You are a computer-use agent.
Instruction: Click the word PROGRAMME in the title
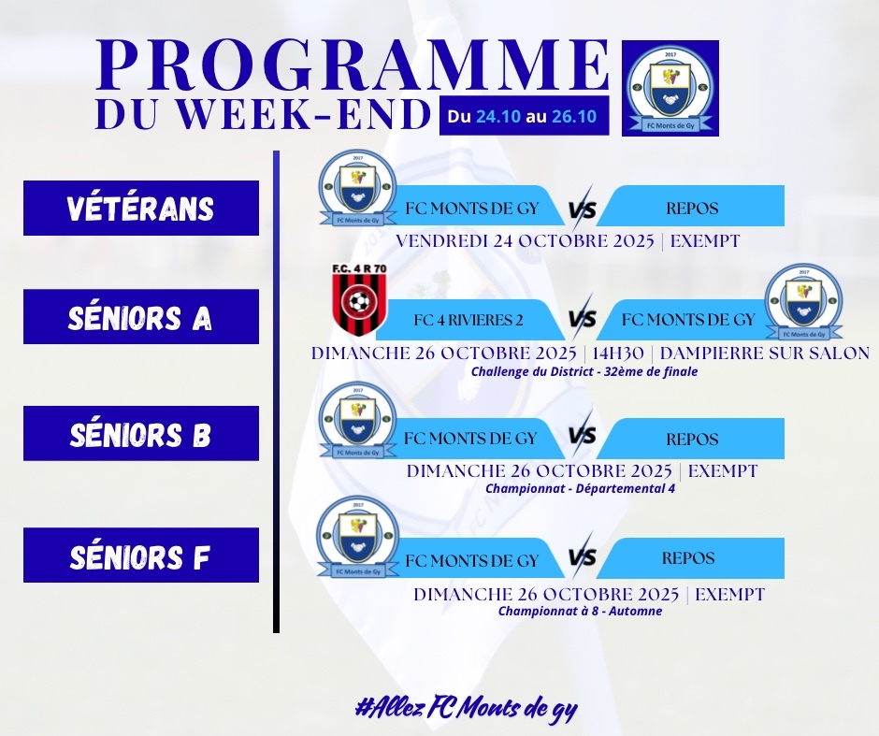(353, 65)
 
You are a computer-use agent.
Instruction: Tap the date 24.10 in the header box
(498, 117)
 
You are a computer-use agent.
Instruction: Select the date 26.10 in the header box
(574, 117)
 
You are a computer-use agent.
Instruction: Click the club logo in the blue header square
(670, 89)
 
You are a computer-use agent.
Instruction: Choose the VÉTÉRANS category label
(140, 208)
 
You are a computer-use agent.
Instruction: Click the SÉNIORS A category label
(140, 317)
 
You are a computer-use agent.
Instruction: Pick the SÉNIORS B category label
(140, 434)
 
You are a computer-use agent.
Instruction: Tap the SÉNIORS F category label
(140, 556)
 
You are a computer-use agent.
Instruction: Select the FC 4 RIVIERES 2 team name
(468, 320)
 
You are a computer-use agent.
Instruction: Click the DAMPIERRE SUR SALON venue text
(765, 354)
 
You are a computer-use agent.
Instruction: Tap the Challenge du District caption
(584, 371)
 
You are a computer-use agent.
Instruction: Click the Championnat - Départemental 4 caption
(580, 488)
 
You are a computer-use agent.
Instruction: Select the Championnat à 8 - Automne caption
(580, 611)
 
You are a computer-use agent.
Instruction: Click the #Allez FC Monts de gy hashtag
(466, 709)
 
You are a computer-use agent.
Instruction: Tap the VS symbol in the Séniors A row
(583, 318)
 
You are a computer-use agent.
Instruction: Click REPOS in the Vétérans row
(692, 209)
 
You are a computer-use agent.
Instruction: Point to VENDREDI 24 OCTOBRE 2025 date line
(526, 241)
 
